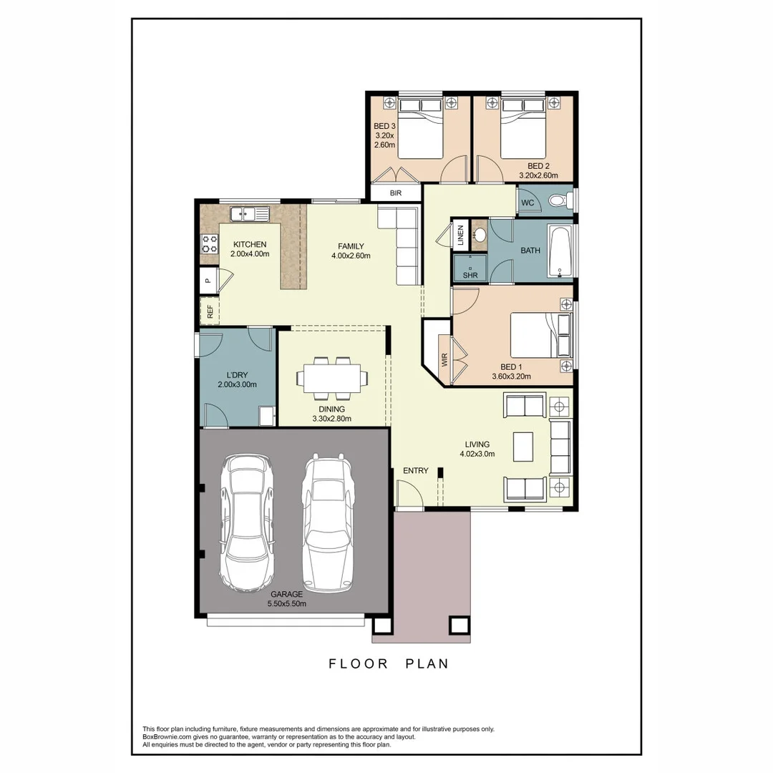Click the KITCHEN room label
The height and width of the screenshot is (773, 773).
pyautogui.click(x=249, y=245)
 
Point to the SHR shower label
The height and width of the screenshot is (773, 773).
pyautogui.click(x=470, y=274)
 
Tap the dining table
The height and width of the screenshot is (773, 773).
pyautogui.click(x=331, y=379)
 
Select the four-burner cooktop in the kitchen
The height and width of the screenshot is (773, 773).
pyautogui.click(x=209, y=243)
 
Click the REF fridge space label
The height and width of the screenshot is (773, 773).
pyautogui.click(x=210, y=311)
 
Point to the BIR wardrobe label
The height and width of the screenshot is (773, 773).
pyautogui.click(x=396, y=193)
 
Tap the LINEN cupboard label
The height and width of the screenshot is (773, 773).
pyautogui.click(x=460, y=235)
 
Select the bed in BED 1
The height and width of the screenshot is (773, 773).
pyautogui.click(x=540, y=334)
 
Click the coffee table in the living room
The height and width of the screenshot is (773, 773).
pyautogui.click(x=523, y=447)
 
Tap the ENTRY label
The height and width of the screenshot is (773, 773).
pyautogui.click(x=415, y=470)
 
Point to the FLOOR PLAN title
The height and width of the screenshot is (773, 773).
pyautogui.click(x=389, y=663)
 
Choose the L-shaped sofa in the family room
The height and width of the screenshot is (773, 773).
pyautogui.click(x=404, y=243)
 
